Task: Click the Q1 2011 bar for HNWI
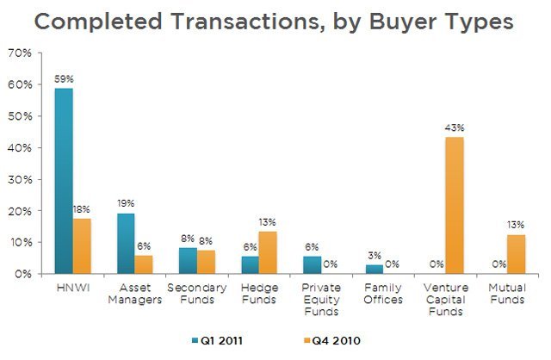click(64, 181)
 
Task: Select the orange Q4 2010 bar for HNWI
click(82, 245)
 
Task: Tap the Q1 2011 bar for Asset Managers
click(126, 244)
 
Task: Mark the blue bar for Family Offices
click(375, 270)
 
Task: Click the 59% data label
click(64, 79)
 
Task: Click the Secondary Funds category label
click(197, 294)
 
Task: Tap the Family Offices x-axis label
click(384, 294)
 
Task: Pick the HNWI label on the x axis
click(72, 288)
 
